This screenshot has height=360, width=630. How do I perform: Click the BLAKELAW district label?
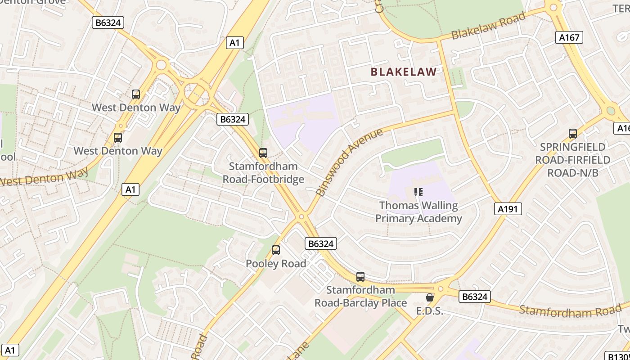(x=404, y=72)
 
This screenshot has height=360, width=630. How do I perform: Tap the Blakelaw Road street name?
(x=488, y=26)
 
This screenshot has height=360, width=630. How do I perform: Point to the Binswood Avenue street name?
(x=349, y=162)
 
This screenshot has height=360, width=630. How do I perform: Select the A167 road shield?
(x=569, y=37)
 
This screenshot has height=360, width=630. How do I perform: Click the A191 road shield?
(x=509, y=208)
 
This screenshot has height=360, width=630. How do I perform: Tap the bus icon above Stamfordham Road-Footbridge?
(x=263, y=153)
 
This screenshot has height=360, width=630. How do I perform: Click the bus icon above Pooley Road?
(x=276, y=250)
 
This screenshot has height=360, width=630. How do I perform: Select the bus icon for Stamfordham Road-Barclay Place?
(x=360, y=277)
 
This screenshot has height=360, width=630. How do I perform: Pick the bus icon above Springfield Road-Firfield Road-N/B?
(x=573, y=134)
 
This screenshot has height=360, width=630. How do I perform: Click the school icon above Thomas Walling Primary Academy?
(x=418, y=193)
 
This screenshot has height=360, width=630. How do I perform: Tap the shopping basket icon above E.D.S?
(x=430, y=297)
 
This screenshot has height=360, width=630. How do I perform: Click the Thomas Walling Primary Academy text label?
(x=418, y=212)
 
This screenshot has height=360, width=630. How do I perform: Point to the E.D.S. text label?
(x=429, y=311)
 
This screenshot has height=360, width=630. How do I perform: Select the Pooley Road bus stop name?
(x=276, y=264)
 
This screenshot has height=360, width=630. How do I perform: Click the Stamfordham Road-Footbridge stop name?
(x=263, y=173)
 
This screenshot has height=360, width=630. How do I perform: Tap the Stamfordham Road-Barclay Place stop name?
(x=360, y=297)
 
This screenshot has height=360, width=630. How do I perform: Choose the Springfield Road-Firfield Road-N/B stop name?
(x=572, y=160)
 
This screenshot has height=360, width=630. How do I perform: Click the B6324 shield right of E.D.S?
(x=475, y=297)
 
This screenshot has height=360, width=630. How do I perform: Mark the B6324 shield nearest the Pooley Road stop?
(x=321, y=243)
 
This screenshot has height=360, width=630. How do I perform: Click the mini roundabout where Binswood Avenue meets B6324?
(x=301, y=216)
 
